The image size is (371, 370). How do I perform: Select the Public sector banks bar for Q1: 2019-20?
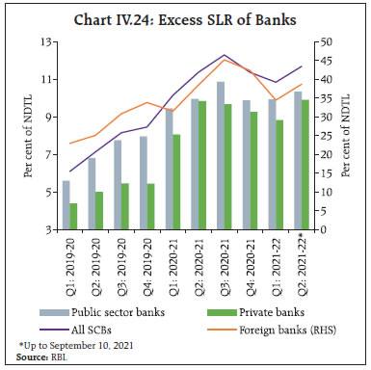[x=66, y=205]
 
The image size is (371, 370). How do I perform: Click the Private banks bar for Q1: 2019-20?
[x=74, y=217]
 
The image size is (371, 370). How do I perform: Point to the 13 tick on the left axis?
[x=45, y=41]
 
